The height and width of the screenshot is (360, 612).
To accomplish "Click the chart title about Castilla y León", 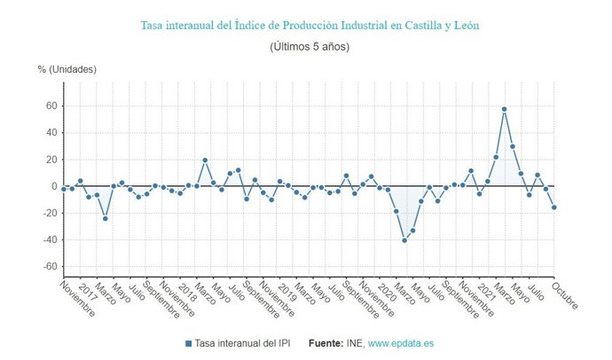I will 310,26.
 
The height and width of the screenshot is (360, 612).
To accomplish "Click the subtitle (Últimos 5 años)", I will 310,46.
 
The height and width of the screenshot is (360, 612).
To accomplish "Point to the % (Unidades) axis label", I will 67,69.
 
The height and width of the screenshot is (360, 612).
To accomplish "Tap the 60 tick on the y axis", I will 52,106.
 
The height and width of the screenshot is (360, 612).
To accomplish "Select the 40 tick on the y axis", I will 52,133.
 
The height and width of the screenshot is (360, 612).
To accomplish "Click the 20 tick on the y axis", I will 52,160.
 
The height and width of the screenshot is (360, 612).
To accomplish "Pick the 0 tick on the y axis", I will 55,186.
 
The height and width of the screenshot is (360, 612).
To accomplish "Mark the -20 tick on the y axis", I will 51,213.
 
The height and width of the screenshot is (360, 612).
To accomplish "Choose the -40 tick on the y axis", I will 51,239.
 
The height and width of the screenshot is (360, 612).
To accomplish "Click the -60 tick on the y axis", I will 51,266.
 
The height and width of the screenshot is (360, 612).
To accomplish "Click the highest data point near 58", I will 504,109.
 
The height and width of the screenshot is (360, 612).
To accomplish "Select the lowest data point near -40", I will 404,240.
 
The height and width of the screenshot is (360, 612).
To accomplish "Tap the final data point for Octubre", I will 553,207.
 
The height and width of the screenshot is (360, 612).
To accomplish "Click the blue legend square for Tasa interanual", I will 189,343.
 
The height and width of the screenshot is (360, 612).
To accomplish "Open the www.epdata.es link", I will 401,343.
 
